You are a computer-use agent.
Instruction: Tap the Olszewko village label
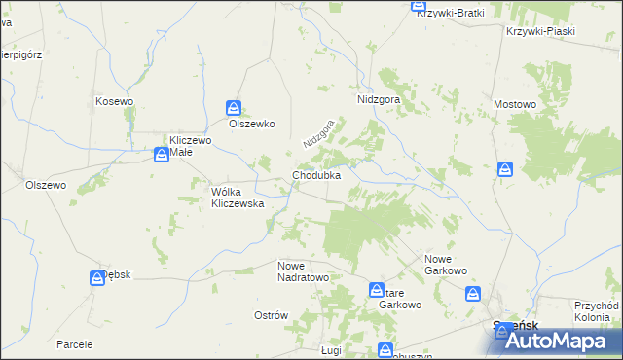[x=252, y=125]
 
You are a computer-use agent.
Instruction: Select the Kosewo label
[x=114, y=101]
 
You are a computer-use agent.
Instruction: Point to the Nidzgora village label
[x=372, y=100]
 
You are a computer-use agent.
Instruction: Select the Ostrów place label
[x=272, y=315]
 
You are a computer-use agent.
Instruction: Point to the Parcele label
[x=74, y=344]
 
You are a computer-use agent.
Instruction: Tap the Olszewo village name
[x=45, y=185]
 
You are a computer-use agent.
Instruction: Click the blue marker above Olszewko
[x=234, y=108]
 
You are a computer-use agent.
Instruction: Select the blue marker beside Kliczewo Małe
[x=162, y=154]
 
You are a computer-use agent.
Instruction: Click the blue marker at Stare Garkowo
[x=377, y=290]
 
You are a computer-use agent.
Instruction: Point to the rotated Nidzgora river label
[x=318, y=134]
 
